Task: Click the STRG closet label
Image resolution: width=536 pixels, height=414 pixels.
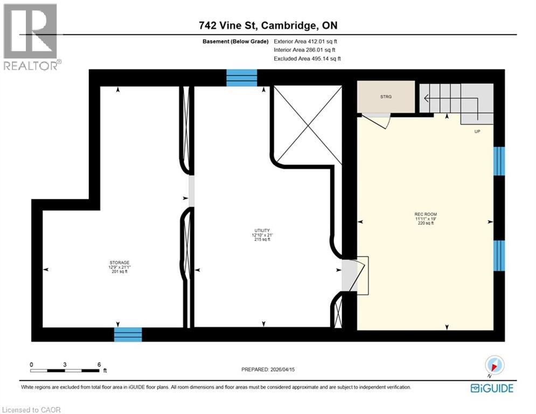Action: pos(386,97)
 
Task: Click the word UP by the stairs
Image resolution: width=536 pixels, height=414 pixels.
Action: pos(476,131)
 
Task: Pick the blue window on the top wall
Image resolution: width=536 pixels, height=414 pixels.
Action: pos(241,78)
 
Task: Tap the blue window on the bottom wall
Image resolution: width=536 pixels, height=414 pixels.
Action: pos(128,334)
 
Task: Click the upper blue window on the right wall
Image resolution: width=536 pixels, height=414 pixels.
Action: pos(499,161)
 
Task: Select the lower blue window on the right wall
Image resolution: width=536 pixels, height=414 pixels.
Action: pos(499,255)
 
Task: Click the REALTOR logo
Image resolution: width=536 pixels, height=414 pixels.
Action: pos(31,36)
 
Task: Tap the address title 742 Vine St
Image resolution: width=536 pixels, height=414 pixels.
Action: pos(268,25)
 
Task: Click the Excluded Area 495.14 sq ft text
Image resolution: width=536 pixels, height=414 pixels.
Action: pos(307,58)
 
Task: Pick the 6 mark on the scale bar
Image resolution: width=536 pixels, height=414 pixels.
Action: pos(99,364)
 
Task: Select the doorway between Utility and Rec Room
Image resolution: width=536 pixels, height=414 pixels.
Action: pos(350,275)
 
